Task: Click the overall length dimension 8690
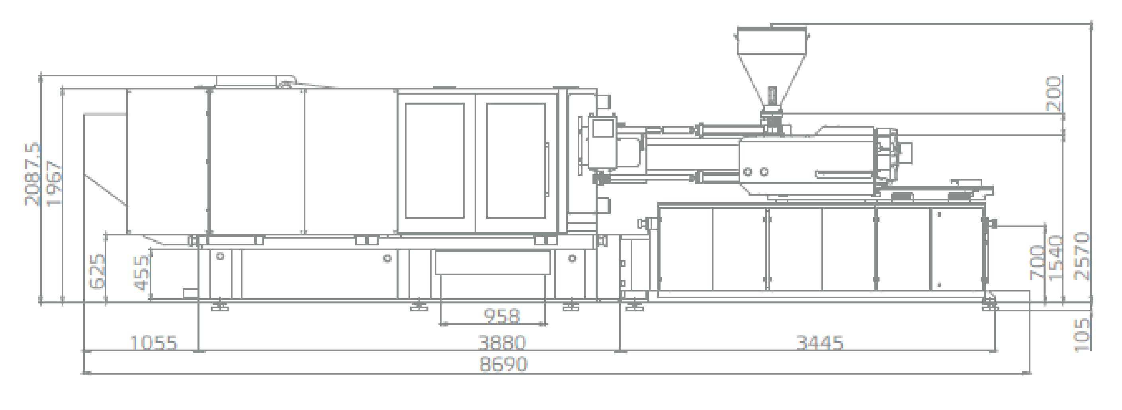503,364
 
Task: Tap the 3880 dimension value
502,343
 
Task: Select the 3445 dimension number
820,343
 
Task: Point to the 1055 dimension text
154,343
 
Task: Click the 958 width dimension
502,317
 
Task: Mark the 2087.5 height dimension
33,174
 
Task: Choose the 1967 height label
55,183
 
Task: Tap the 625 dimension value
97,271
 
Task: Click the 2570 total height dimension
1081,256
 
